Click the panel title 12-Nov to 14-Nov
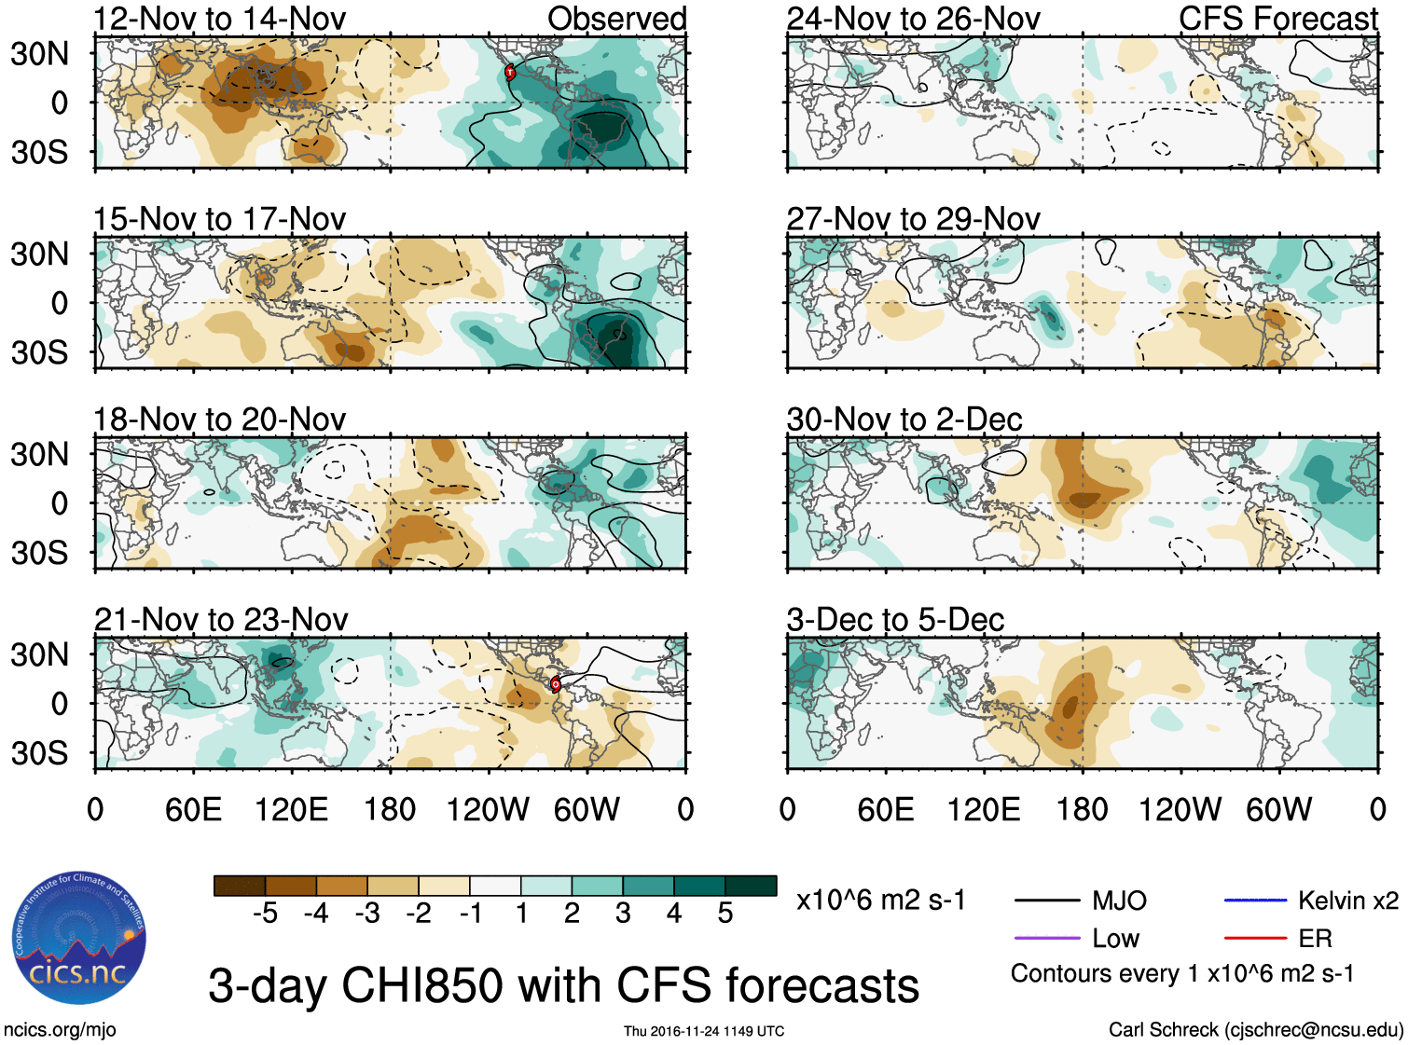point(219,19)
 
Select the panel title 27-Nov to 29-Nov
point(913,219)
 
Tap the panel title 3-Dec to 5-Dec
point(895,620)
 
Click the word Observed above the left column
point(616,19)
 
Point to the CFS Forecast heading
point(1277,19)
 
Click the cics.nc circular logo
point(79,938)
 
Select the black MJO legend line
point(1046,901)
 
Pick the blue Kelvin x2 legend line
point(1255,901)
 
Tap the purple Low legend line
point(1046,939)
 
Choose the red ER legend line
point(1255,939)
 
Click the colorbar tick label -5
point(265,914)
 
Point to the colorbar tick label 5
point(725,914)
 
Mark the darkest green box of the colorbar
point(751,886)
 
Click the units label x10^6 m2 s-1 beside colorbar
point(880,901)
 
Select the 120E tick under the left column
point(291,809)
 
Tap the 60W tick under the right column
point(1278,809)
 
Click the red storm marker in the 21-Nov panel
point(556,684)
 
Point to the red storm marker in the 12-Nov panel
point(510,72)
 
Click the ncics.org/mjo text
point(60,1030)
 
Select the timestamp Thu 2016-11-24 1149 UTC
point(704,1031)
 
